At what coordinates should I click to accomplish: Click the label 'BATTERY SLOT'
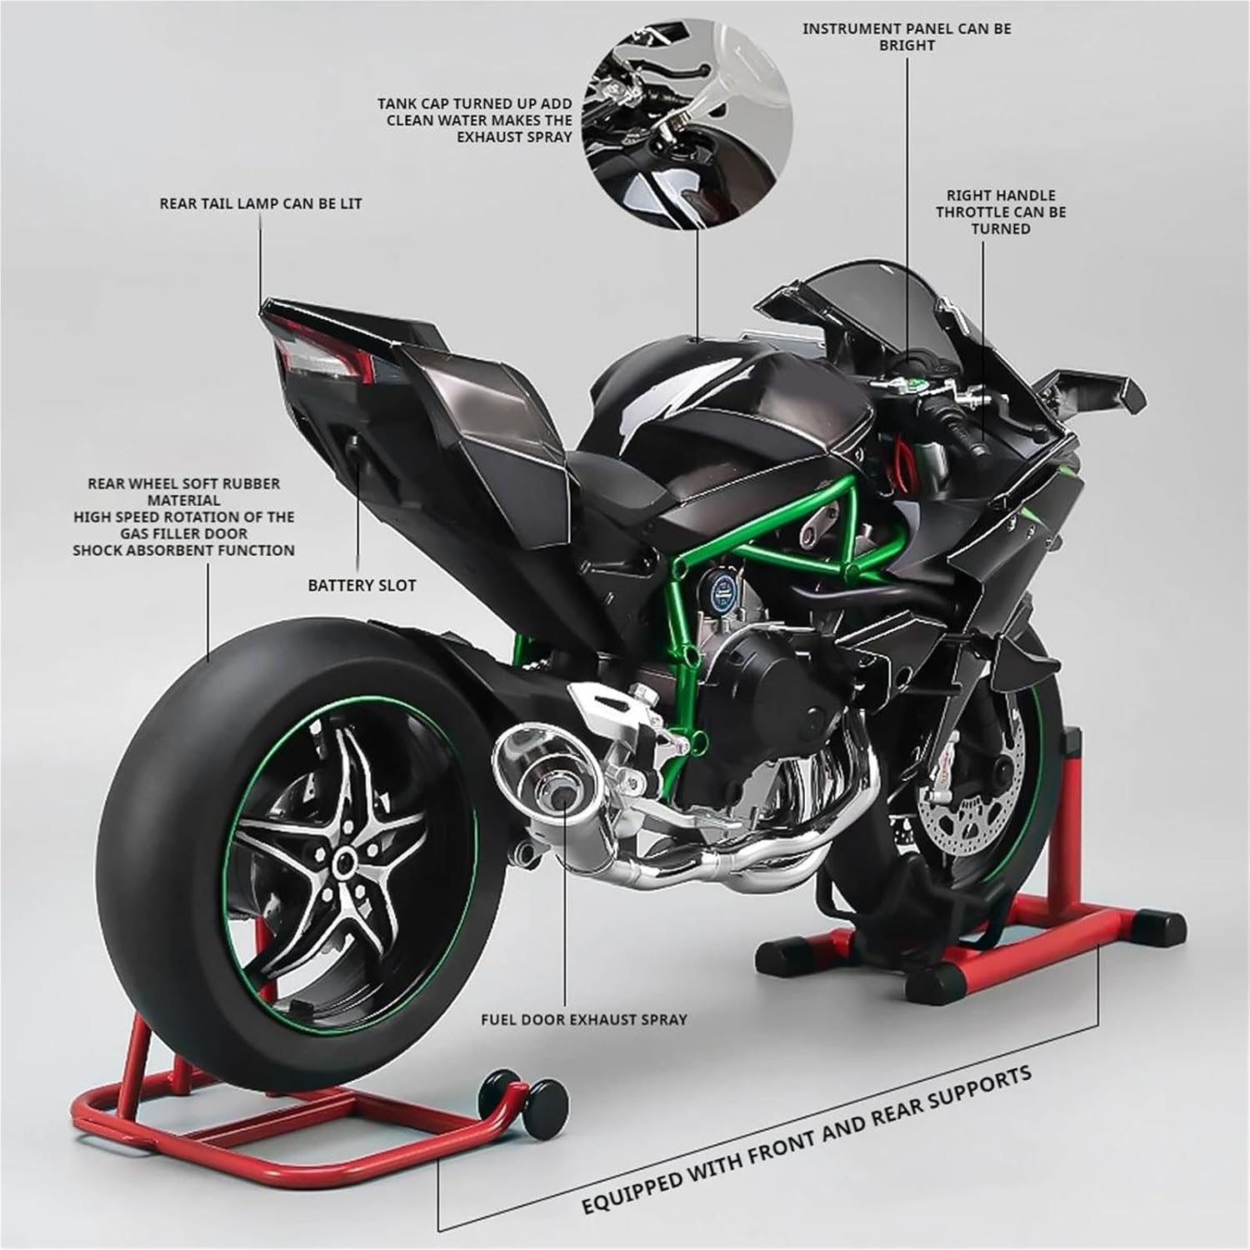click(x=362, y=585)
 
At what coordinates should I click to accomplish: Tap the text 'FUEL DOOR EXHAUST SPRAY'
click(x=584, y=1018)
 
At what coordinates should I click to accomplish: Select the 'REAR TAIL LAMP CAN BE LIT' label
click(x=261, y=203)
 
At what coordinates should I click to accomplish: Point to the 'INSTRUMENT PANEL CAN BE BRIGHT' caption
click(x=907, y=37)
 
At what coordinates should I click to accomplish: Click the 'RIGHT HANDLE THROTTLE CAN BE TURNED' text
click(x=1001, y=212)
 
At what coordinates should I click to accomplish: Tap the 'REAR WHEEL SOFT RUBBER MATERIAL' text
click(x=183, y=492)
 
